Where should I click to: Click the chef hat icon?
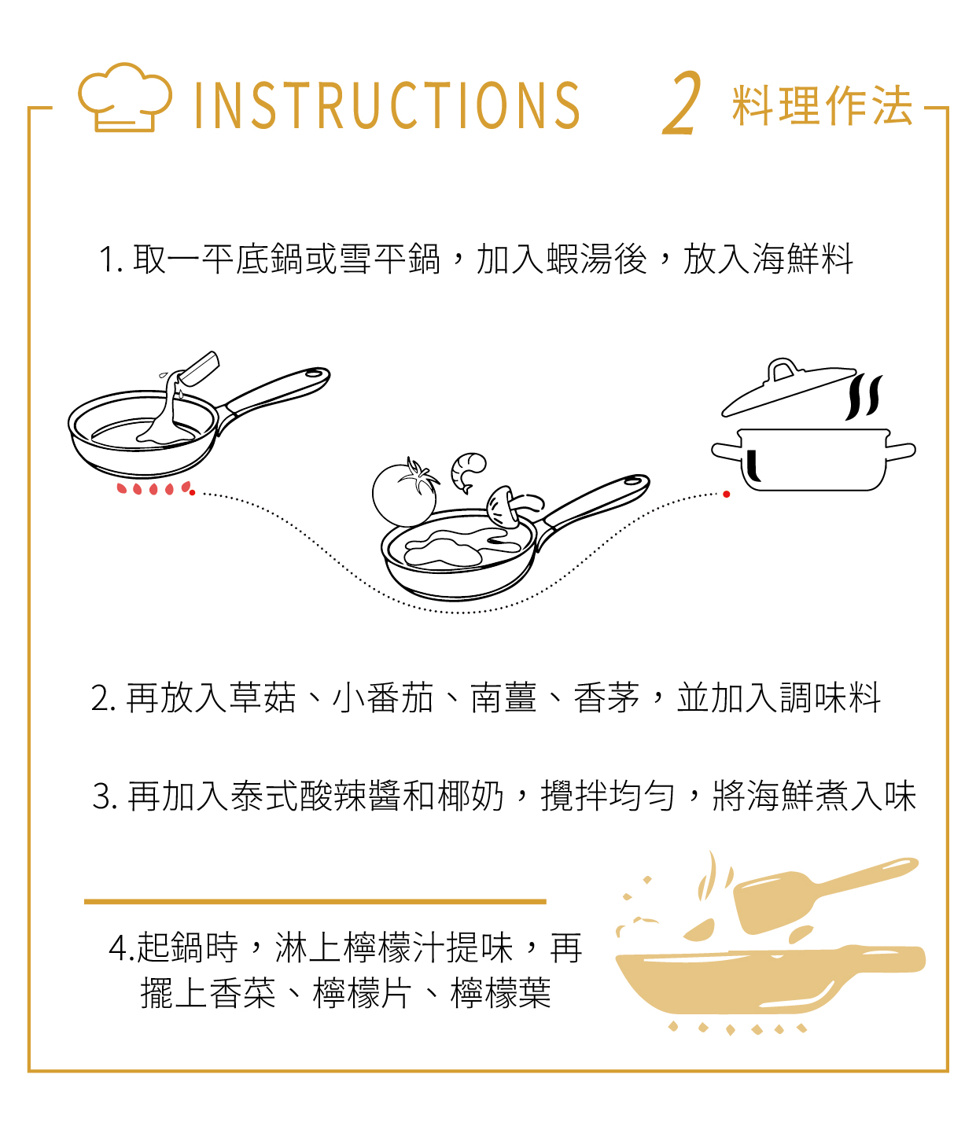(124, 97)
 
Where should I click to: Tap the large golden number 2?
(682, 104)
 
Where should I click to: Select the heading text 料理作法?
(822, 105)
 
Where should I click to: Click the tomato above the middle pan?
(405, 494)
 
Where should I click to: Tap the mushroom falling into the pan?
(512, 505)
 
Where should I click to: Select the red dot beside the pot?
(727, 495)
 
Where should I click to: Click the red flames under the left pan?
(154, 489)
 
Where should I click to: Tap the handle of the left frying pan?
(274, 393)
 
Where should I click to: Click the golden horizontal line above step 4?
(315, 902)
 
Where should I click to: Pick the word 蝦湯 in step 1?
(580, 259)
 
